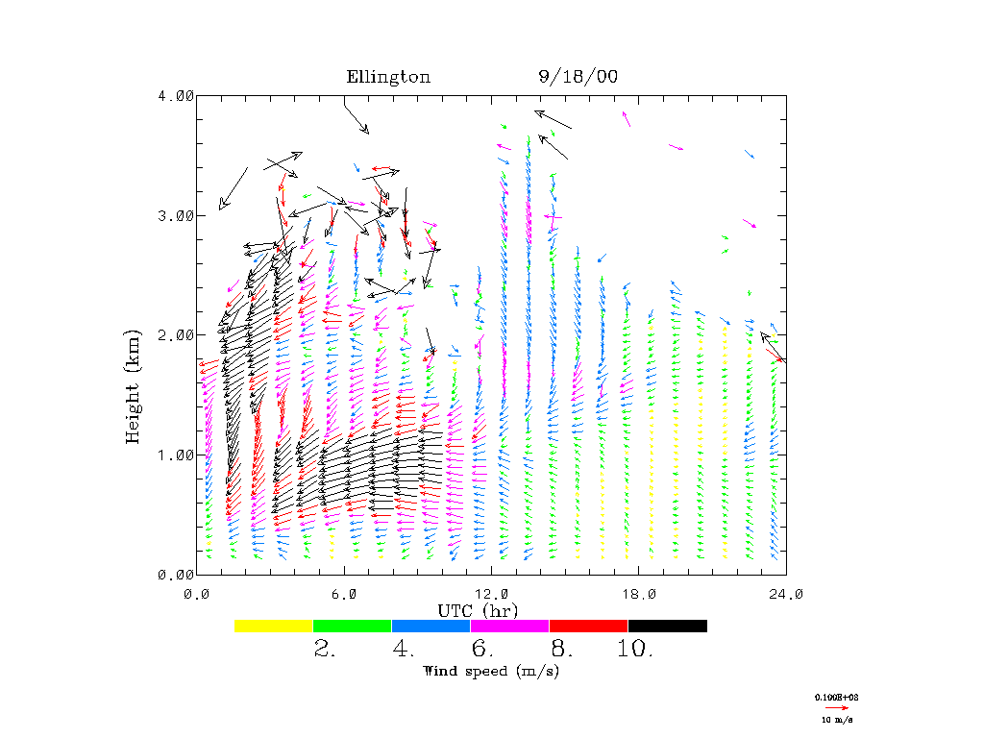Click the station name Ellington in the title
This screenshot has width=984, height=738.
tap(388, 77)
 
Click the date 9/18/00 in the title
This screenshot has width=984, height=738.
tap(578, 77)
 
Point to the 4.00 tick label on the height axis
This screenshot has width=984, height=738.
tap(176, 95)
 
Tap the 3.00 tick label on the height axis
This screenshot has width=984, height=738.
tap(176, 215)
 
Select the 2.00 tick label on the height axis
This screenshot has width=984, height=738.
tap(176, 334)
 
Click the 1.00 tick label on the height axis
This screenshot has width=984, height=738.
tap(176, 455)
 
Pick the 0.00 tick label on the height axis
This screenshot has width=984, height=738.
tap(176, 574)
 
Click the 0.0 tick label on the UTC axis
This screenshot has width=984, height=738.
tap(197, 594)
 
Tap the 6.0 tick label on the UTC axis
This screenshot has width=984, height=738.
tap(345, 594)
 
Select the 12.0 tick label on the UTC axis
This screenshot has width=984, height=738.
tap(492, 594)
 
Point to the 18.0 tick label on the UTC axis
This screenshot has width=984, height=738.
tap(639, 594)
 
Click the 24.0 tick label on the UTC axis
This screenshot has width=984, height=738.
tap(786, 594)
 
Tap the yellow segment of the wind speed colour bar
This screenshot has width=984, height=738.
tap(274, 626)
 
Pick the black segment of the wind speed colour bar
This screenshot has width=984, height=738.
tap(667, 626)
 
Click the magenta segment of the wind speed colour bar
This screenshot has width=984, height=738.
tap(509, 626)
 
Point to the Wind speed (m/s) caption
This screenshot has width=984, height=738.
tap(491, 671)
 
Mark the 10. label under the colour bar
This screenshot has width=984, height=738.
tap(635, 650)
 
